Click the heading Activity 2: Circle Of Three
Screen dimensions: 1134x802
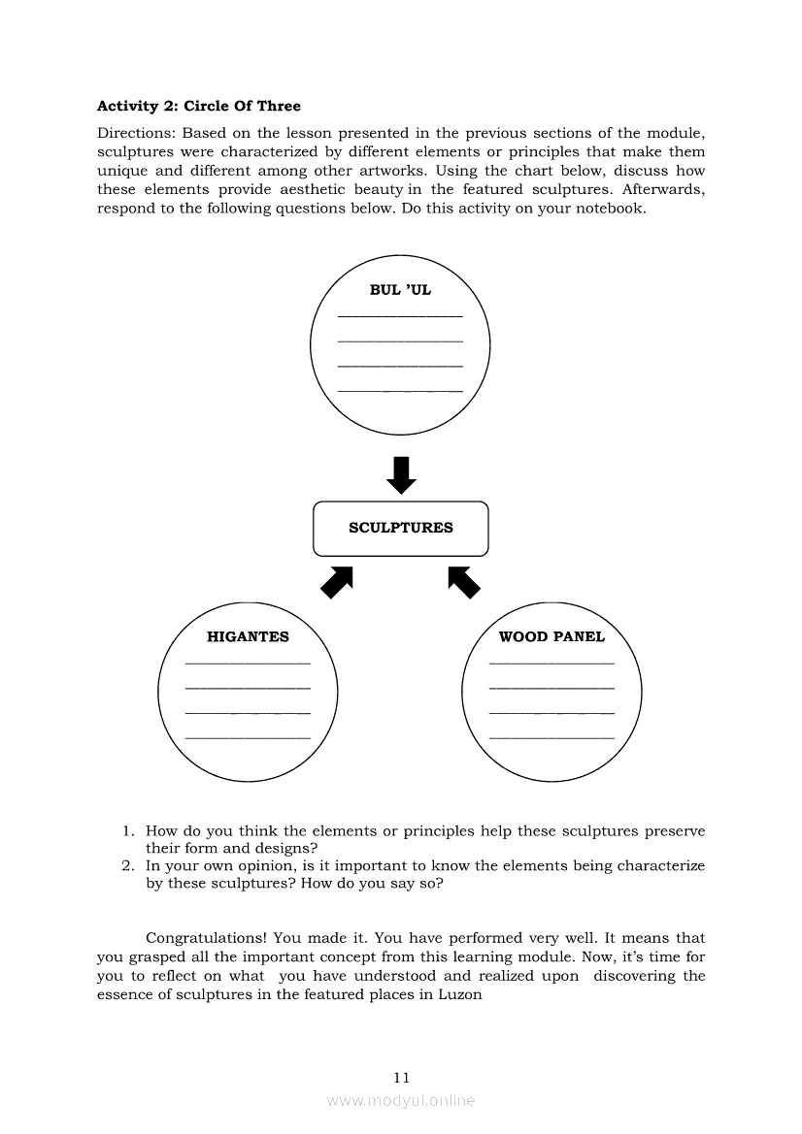[199, 106]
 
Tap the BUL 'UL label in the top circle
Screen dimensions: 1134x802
[400, 290]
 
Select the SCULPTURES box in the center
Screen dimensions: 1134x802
[400, 528]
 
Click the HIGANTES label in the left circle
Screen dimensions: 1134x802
[248, 637]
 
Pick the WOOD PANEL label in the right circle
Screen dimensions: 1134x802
[551, 637]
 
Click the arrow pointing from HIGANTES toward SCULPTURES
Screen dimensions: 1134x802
[336, 582]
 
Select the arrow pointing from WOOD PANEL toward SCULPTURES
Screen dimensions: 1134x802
[464, 582]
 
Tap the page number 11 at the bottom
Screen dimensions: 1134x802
[402, 1077]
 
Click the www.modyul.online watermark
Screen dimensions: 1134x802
[401, 1100]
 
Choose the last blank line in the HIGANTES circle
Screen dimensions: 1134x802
[248, 739]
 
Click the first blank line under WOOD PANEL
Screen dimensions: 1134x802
[551, 664]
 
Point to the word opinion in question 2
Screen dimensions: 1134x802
[253, 865]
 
